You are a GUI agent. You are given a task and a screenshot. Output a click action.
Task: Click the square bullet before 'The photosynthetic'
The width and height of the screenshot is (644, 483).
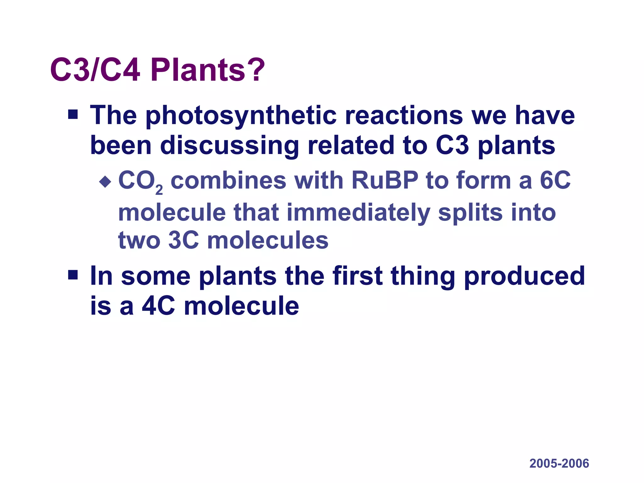73,114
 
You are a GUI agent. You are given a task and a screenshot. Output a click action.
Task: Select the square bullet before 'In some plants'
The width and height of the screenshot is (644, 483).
73,275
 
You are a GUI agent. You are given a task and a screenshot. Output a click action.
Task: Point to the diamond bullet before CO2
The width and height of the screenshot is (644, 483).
105,181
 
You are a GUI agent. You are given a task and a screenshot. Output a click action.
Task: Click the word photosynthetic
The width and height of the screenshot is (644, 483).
241,116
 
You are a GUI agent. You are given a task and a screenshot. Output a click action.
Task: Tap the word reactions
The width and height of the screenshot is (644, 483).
404,116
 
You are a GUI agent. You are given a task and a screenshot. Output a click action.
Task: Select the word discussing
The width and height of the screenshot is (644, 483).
230,146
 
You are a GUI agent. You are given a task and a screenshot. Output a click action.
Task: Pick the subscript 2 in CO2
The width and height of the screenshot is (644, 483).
159,190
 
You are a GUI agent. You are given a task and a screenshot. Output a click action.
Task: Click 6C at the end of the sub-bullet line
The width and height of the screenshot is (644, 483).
555,180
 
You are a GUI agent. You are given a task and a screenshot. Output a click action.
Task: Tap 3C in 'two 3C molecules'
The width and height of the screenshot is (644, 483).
184,241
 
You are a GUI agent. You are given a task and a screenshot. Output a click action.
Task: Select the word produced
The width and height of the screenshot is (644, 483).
524,276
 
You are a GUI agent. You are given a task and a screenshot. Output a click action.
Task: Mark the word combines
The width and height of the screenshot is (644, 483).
228,180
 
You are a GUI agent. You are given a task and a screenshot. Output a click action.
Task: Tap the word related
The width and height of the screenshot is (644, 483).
351,146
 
